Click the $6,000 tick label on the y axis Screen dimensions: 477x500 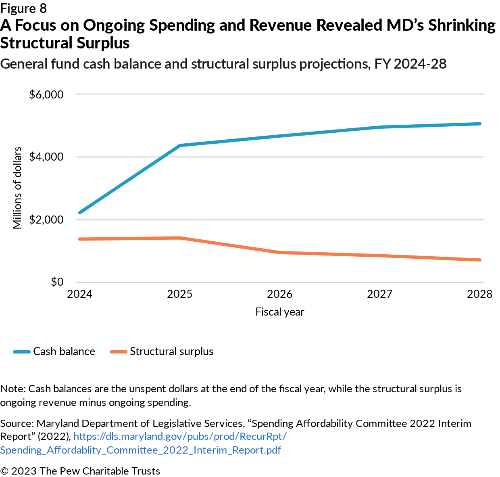point(46,94)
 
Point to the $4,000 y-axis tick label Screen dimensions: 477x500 point(46,157)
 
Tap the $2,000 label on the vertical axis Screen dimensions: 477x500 point(46,220)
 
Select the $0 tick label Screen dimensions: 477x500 point(57,282)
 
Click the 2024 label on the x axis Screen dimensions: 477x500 point(80,294)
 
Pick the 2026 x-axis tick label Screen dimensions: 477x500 point(280,294)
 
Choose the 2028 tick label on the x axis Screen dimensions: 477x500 point(479,294)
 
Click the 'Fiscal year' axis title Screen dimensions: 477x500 point(280,312)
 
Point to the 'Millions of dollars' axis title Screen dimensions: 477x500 point(17,188)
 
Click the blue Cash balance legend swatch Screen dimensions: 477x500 point(22,352)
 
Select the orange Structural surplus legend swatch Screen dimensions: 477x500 point(119,352)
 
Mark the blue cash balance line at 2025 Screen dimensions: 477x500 point(180,145)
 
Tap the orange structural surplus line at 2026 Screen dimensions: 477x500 point(280,253)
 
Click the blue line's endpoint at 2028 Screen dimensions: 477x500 point(479,124)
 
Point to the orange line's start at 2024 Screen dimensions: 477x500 point(80,239)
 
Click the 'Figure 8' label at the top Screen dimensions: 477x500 point(23,8)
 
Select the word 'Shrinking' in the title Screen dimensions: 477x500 point(462,25)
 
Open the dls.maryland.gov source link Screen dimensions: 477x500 point(180,437)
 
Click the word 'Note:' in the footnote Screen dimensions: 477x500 point(13,389)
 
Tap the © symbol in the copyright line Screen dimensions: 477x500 point(4,471)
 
